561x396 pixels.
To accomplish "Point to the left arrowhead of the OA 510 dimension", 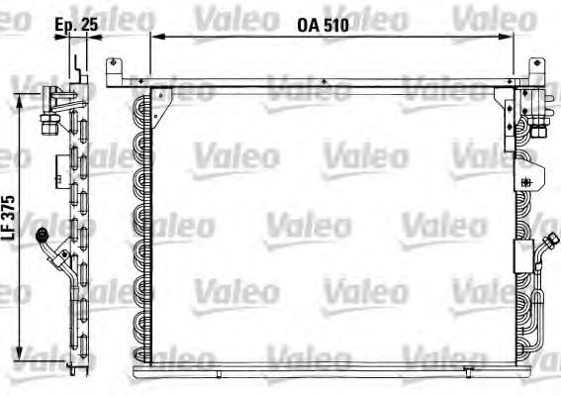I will [155, 37].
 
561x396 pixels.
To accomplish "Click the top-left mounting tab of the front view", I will [113, 72].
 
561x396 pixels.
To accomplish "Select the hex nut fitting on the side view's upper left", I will [45, 123].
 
